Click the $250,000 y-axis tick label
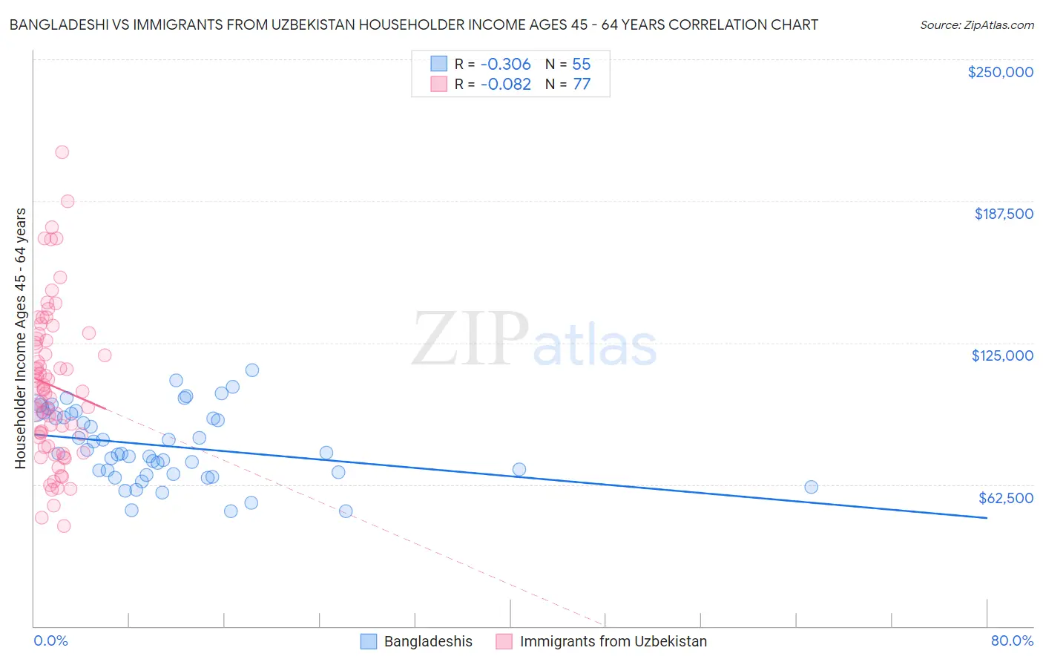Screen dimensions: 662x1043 [x=1000, y=72]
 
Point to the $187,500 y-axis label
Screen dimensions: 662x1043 [x=1003, y=214]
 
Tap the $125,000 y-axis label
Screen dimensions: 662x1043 [x=1002, y=355]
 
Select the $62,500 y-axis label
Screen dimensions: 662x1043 [x=1005, y=498]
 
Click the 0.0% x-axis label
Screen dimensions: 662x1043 [x=50, y=640]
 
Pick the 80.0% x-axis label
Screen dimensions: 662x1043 [x=1012, y=640]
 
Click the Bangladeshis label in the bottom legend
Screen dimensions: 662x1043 [x=428, y=641]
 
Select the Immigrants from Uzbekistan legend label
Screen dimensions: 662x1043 [x=613, y=641]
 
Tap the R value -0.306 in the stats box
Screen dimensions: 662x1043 [x=505, y=64]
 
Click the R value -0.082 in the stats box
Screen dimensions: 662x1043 [x=505, y=84]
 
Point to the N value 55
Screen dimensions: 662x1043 [x=582, y=64]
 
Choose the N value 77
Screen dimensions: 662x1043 [x=582, y=84]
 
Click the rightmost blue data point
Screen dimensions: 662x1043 [x=811, y=487]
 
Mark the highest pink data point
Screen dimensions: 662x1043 [x=62, y=152]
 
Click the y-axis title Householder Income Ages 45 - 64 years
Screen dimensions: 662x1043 [x=20, y=338]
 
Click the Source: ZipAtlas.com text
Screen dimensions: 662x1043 [x=976, y=24]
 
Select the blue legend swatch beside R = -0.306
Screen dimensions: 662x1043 [x=439, y=64]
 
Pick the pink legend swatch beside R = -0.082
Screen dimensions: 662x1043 [x=439, y=84]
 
